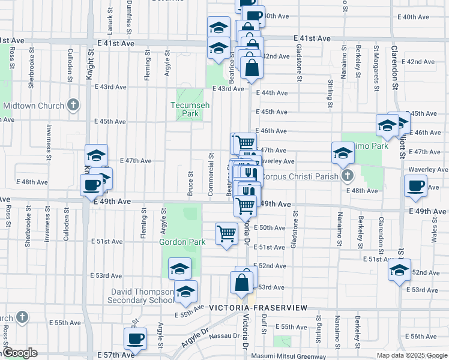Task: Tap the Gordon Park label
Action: (182, 242)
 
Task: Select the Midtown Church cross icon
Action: (73, 106)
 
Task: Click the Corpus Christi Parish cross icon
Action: (346, 176)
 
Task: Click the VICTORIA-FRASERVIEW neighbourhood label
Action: (258, 308)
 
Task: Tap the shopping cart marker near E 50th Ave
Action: (226, 233)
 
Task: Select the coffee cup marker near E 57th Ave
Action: (135, 338)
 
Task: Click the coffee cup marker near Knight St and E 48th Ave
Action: (91, 185)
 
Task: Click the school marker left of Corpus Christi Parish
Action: (343, 152)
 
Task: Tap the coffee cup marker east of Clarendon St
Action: (415, 186)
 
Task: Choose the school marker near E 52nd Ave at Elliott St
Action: (399, 270)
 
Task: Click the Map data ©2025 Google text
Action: (411, 355)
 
